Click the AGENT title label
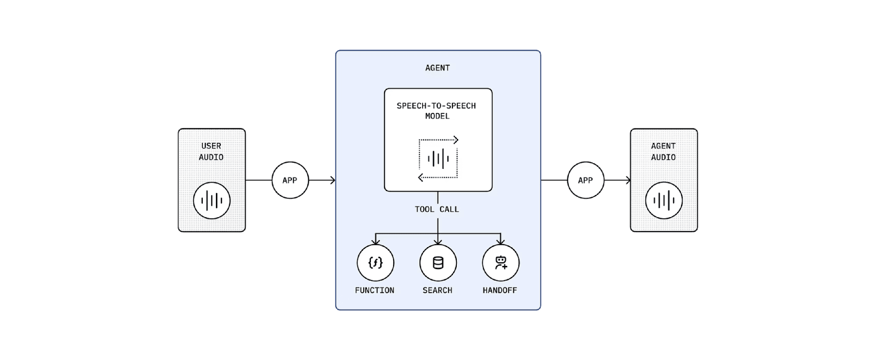coord(437,68)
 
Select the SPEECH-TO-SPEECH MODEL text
coord(436,111)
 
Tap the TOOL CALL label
coord(437,209)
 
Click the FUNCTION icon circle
coord(376,263)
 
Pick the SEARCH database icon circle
coord(438,263)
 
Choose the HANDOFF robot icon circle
coord(500,263)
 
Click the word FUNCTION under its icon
coord(375,290)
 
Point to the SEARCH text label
coord(437,290)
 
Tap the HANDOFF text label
coord(500,290)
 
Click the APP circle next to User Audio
coord(290,180)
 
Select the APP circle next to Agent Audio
coord(586,180)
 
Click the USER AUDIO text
coord(211,151)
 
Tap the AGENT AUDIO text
coord(663,151)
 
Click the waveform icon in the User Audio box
coord(212,201)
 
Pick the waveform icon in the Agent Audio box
coord(664,201)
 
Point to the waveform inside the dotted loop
coord(438,159)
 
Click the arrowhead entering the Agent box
coord(332,180)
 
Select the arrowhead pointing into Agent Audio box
coord(627,180)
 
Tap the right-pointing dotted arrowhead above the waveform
coord(456,140)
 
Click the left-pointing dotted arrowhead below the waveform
coord(421,177)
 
